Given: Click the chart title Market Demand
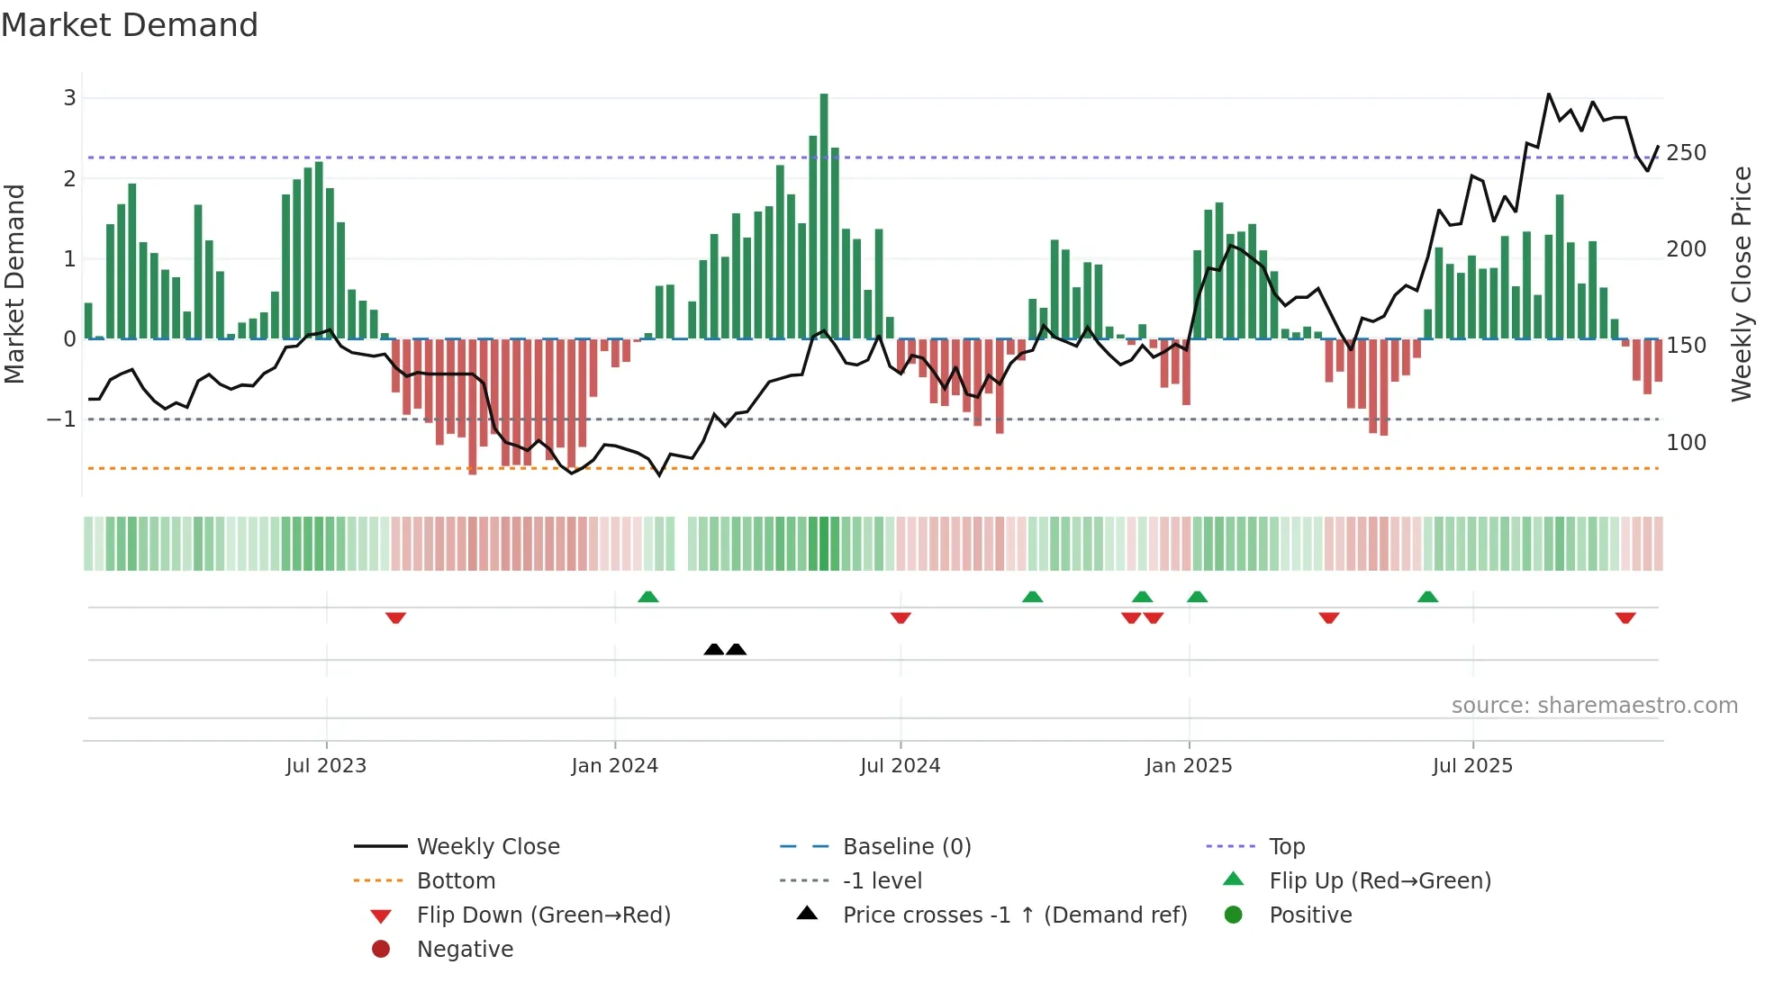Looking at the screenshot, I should (x=130, y=25).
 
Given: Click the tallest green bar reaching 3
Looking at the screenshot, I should (x=824, y=216).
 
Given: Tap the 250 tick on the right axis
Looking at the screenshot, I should (x=1686, y=153).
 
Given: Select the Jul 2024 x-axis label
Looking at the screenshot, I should (x=900, y=766).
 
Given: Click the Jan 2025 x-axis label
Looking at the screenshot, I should (x=1188, y=766).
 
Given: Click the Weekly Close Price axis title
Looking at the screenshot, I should (x=1742, y=284).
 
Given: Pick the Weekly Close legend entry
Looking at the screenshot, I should (x=487, y=847).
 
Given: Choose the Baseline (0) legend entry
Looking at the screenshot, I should (x=906, y=847).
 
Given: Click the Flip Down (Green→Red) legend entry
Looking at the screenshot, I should (x=543, y=915).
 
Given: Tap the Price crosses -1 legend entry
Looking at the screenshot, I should (x=1014, y=915).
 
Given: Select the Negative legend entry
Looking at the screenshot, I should (x=465, y=950).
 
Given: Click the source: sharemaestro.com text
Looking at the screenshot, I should (x=1594, y=706).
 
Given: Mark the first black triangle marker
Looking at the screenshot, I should (x=714, y=649).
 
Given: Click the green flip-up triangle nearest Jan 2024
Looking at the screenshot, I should (x=648, y=596).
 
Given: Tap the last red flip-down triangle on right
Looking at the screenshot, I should (x=1625, y=618).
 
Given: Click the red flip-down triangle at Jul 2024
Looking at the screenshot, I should (x=901, y=618).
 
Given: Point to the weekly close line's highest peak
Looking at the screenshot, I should (x=1549, y=95).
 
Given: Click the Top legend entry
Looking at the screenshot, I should (x=1286, y=847).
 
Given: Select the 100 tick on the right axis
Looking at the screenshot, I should (x=1686, y=443).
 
